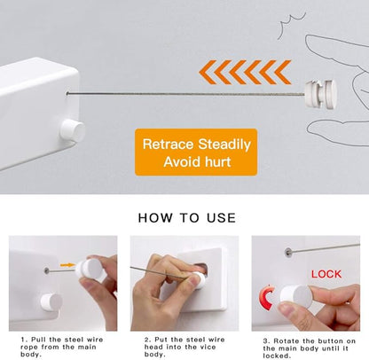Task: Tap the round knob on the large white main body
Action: tap(72, 130)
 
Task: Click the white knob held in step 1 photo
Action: tap(90, 269)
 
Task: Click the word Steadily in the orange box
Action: tap(224, 144)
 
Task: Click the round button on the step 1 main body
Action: tap(44, 301)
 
